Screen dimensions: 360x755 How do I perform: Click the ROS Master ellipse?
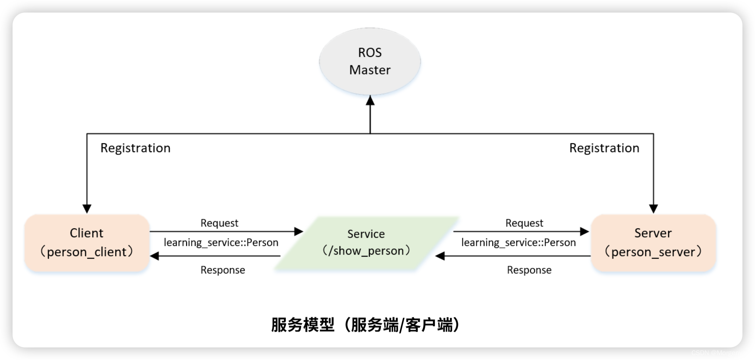370,61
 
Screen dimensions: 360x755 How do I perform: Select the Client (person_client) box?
87,243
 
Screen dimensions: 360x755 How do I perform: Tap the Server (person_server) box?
653,243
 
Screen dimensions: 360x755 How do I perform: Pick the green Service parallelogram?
366,243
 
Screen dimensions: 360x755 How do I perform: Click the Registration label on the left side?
135,148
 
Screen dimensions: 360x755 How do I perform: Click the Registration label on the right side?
604,148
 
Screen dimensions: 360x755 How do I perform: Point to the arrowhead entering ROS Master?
370,100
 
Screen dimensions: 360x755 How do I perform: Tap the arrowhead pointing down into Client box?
87,209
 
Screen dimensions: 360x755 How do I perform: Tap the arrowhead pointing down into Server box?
653,209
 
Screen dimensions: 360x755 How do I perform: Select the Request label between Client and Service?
219,223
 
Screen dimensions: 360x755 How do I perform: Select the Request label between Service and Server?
524,223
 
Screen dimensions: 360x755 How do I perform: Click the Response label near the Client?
223,270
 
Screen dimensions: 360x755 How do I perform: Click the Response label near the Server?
529,270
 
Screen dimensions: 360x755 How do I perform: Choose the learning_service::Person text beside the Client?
221,242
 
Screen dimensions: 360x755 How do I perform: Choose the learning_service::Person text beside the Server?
518,242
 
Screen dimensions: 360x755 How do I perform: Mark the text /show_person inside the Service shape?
366,251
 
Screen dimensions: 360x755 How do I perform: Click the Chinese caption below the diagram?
366,325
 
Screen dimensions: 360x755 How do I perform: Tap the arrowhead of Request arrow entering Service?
299,231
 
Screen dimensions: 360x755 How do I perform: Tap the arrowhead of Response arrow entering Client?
155,256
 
